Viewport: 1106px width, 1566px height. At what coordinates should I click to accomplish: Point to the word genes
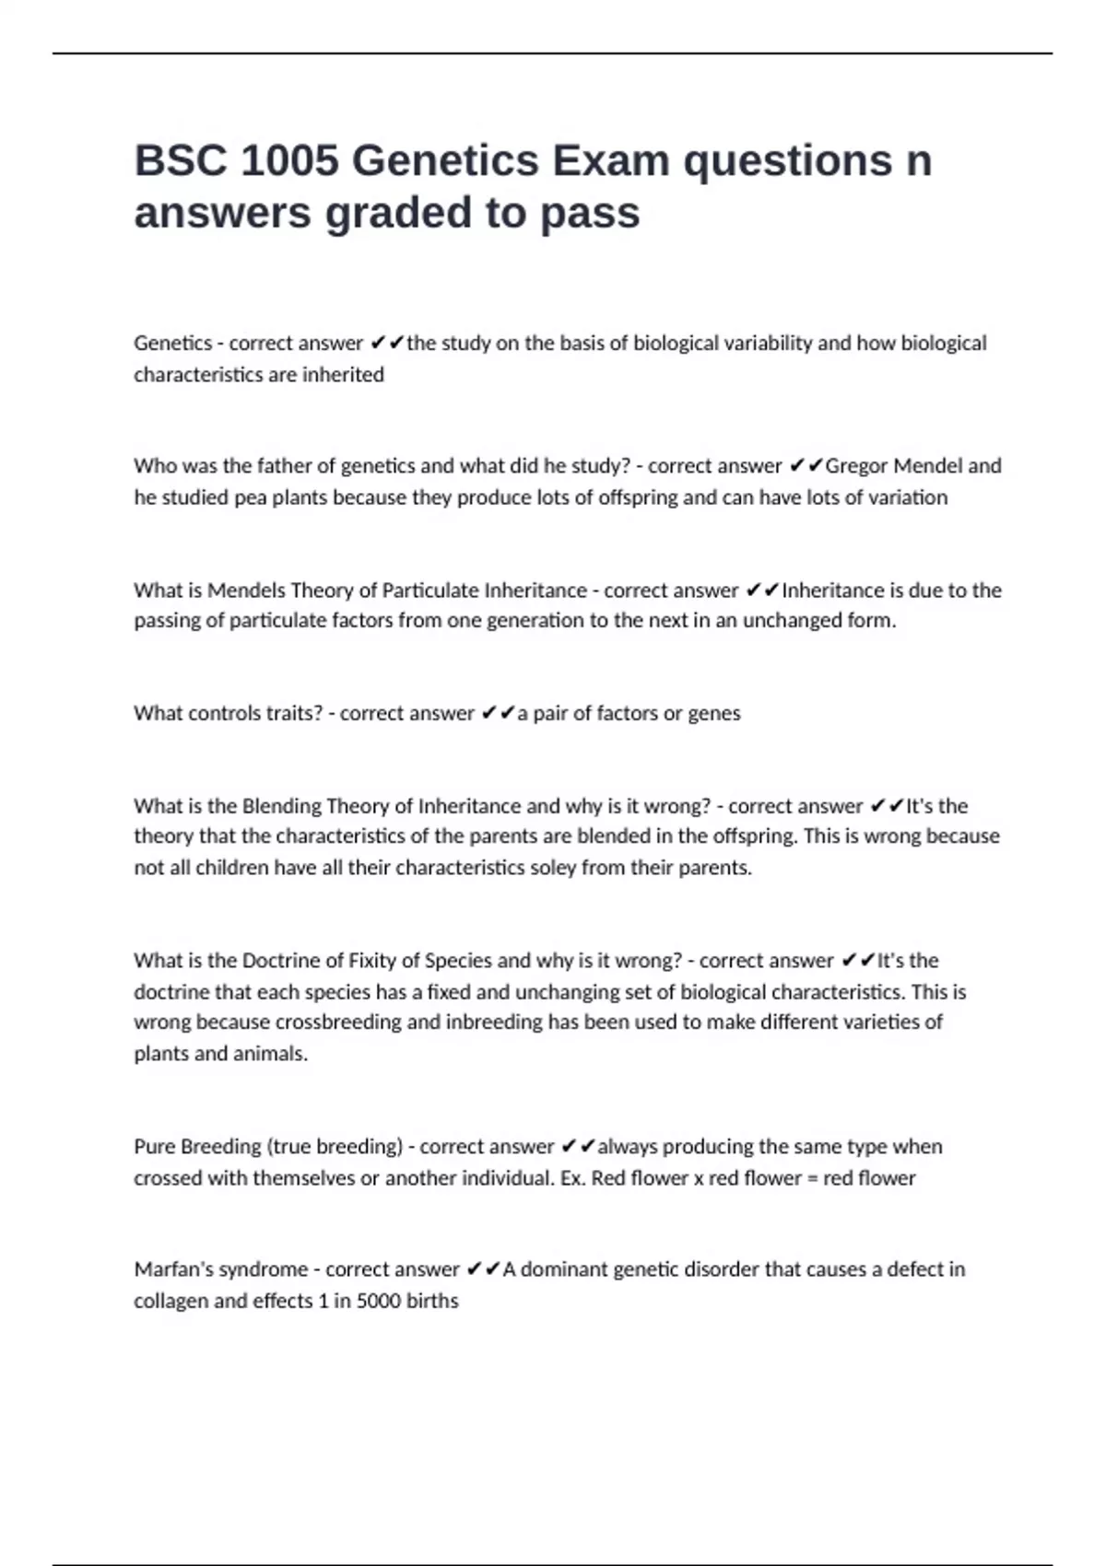coord(714,714)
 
